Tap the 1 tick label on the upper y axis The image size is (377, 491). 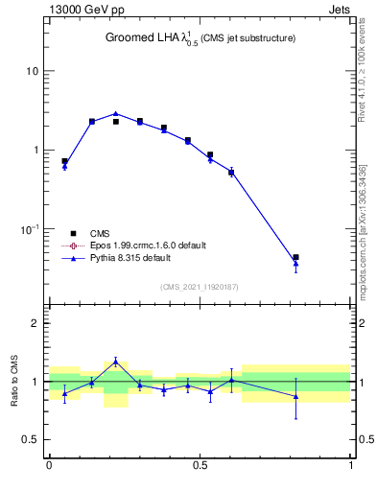click(x=36, y=151)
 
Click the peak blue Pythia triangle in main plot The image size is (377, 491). click(x=116, y=113)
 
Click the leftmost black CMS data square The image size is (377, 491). click(x=64, y=161)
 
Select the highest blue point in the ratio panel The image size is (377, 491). click(x=116, y=362)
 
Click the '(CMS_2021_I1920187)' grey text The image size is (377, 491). click(x=200, y=287)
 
